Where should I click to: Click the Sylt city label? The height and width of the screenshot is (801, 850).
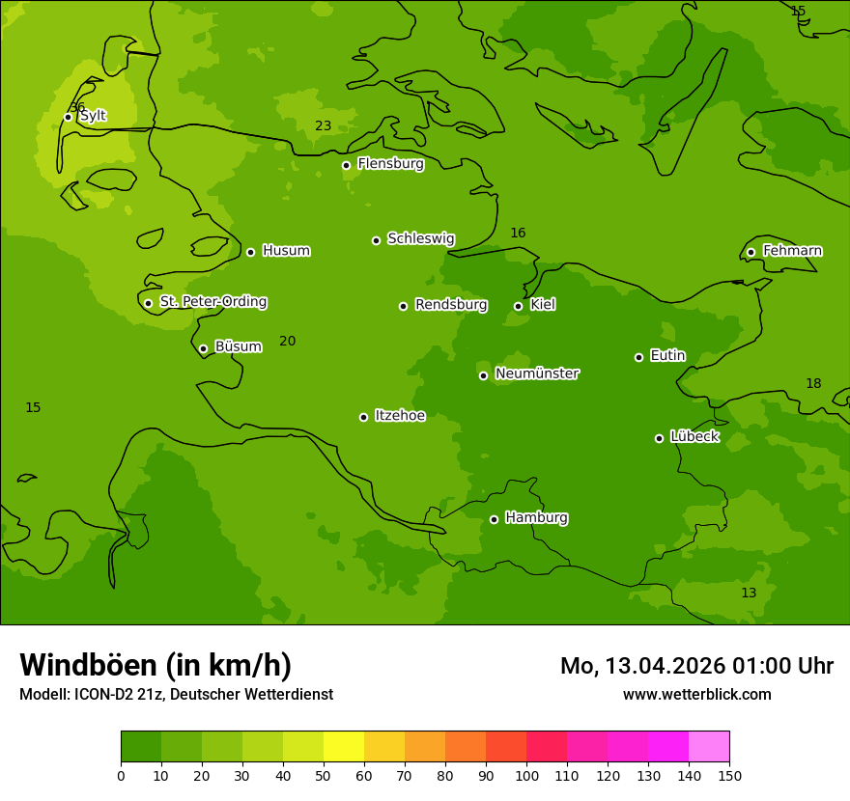click(93, 116)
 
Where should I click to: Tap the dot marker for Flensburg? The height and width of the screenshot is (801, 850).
click(346, 165)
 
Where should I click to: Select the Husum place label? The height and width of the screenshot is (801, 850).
click(286, 251)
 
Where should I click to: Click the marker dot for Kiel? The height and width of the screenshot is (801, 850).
click(518, 306)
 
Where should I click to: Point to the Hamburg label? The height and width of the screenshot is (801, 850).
click(536, 518)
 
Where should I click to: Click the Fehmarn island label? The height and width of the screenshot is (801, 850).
click(792, 251)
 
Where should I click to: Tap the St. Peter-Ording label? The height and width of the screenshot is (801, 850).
click(212, 302)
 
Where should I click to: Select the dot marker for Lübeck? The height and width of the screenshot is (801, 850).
click(659, 438)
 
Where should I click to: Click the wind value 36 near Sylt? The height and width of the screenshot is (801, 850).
click(77, 107)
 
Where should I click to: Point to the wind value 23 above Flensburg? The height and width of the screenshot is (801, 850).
click(323, 126)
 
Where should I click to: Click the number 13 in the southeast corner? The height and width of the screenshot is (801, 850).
click(749, 593)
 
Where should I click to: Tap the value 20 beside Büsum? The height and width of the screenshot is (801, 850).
click(287, 341)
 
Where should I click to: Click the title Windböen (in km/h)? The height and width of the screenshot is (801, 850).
click(156, 665)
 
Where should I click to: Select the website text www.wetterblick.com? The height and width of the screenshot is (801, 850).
click(696, 694)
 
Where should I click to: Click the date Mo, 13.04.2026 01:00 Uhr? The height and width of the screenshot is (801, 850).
click(696, 666)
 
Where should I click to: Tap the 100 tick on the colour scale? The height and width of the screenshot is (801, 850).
click(526, 775)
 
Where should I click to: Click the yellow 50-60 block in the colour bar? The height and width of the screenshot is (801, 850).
click(344, 747)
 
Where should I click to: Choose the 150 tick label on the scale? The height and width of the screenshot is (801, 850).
click(729, 775)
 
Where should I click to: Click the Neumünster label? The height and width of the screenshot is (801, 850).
click(536, 373)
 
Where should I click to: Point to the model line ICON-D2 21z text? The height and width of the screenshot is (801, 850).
click(176, 694)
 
